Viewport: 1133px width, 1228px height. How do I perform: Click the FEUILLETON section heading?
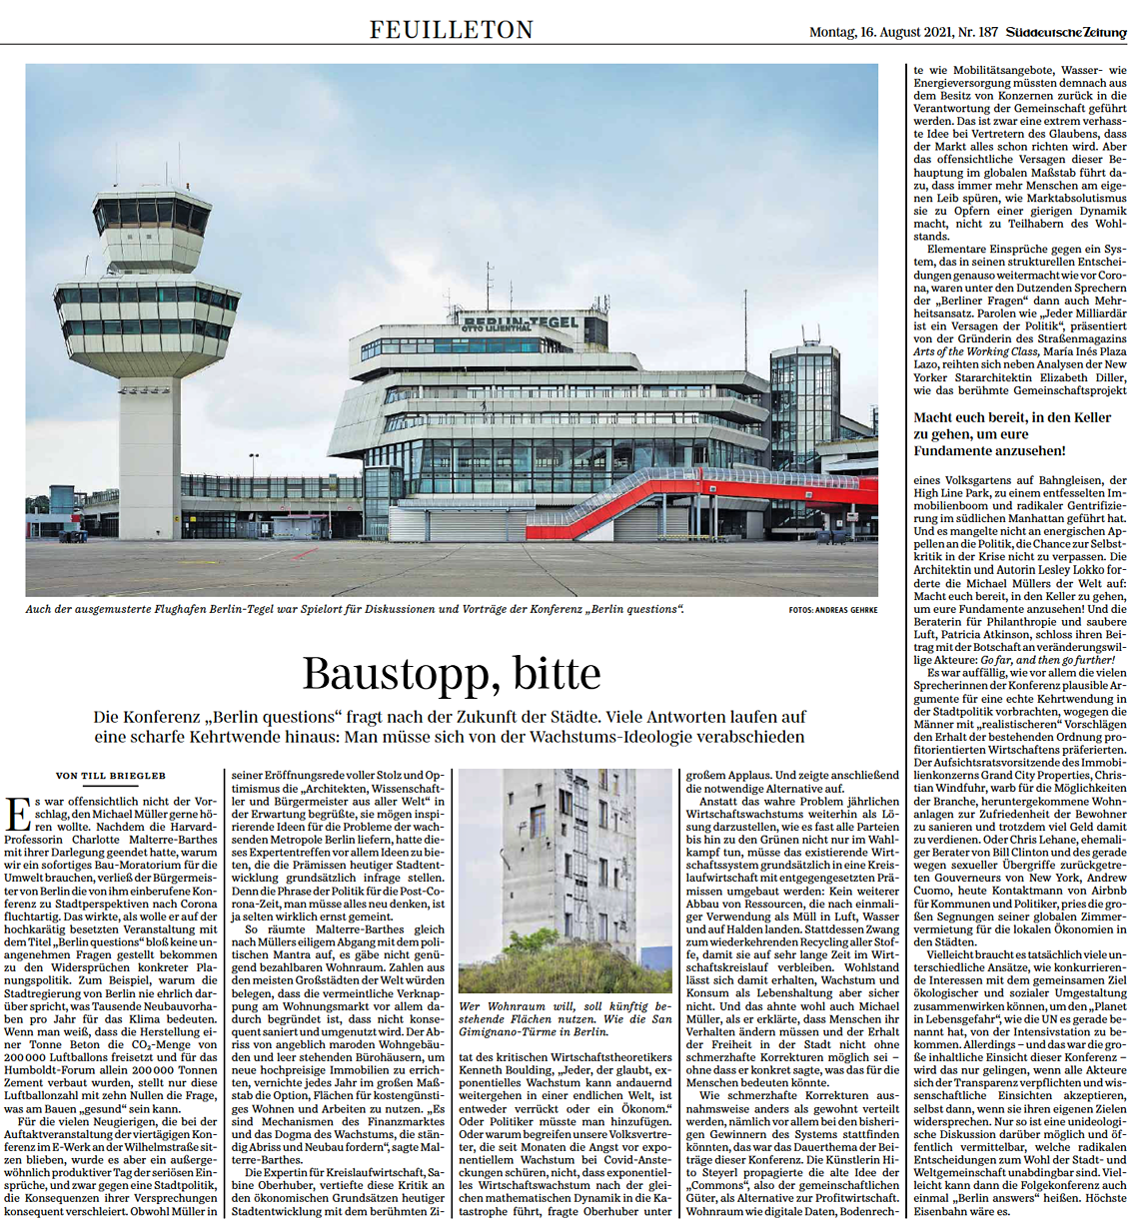click(x=452, y=30)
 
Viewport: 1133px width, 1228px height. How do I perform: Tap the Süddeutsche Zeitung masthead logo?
click(x=1066, y=33)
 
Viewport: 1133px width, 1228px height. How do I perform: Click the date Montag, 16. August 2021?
click(x=866, y=33)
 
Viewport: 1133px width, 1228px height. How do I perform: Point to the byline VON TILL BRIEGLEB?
click(x=111, y=776)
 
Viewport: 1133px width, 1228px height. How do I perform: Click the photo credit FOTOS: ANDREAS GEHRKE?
click(x=832, y=610)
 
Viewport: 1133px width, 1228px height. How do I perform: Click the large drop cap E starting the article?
click(x=17, y=814)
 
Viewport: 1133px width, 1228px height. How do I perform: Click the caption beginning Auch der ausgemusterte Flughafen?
click(x=356, y=609)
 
